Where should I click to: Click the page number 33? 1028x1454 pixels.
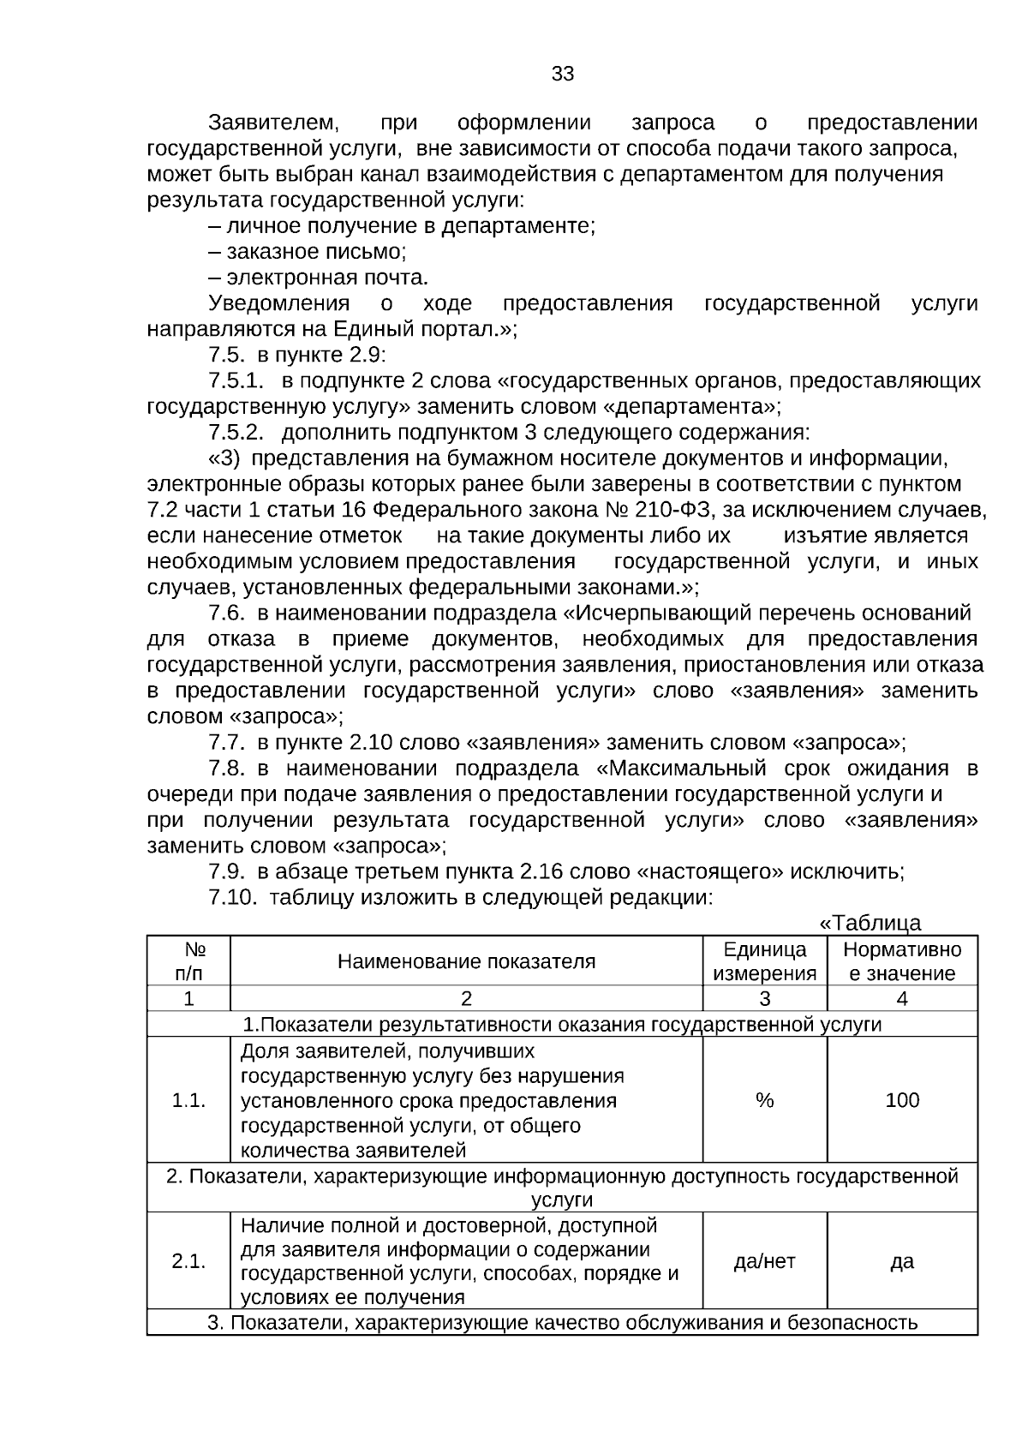562,74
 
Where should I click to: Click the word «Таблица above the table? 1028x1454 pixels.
870,923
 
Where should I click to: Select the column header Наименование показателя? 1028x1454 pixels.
466,960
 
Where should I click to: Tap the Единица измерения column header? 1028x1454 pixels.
764,960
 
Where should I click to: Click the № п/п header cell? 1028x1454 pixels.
189,960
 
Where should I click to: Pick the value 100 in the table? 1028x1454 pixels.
901,1100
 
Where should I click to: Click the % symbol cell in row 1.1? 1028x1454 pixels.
764,1100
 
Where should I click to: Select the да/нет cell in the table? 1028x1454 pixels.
764,1260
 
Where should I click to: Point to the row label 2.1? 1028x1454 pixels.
188,1260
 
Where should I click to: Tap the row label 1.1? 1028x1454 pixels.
188,1100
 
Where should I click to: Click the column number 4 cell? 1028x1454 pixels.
901,998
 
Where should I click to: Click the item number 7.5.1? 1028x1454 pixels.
236,380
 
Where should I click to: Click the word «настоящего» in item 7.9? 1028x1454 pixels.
710,871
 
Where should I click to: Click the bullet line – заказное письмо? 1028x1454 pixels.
307,252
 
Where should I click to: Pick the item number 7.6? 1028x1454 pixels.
227,613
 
